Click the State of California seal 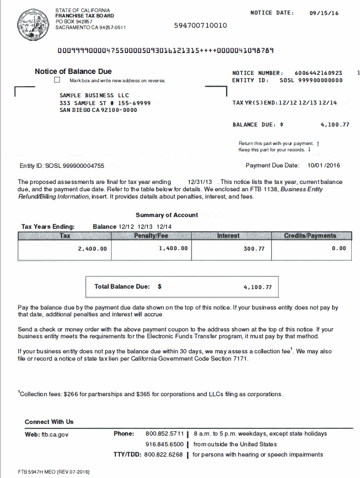pos(32,24)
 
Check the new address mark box pos(57,80)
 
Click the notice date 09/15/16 pos(324,13)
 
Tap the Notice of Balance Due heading pos(73,72)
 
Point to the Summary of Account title pos(167,215)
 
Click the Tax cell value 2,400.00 pos(92,249)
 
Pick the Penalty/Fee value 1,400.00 pos(173,248)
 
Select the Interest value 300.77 pos(254,249)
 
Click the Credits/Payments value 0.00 pos(339,248)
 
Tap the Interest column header pos(228,236)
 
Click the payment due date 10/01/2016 pos(324,165)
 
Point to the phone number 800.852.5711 pos(165,433)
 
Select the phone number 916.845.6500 pos(165,444)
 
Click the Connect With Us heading pos(49,422)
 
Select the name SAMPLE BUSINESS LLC pos(94,95)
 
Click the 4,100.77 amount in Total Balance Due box pos(257,287)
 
